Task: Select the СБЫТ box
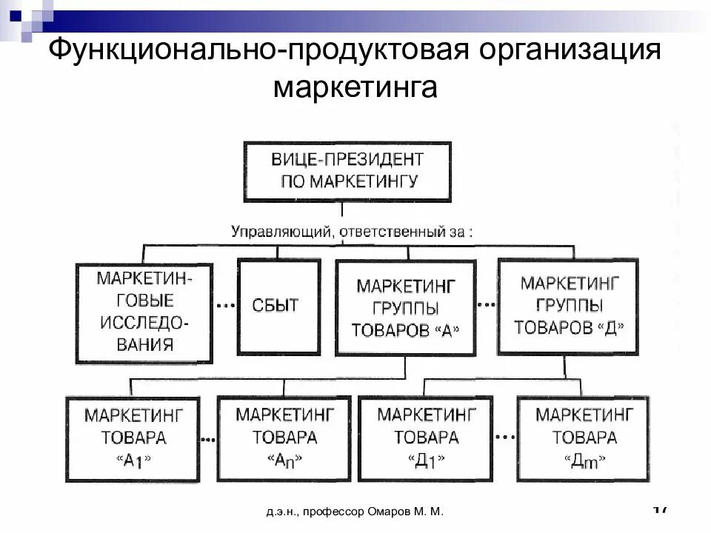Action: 278,305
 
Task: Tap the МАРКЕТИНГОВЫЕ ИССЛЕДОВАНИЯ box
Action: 144,312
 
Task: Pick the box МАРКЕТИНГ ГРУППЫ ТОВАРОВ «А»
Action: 404,306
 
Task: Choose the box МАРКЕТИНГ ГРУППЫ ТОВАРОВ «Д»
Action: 567,305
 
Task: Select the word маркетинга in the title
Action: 355,88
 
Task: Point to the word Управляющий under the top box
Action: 280,232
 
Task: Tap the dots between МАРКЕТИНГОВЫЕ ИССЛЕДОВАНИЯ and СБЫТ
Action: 224,306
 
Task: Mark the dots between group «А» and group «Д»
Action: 486,304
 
